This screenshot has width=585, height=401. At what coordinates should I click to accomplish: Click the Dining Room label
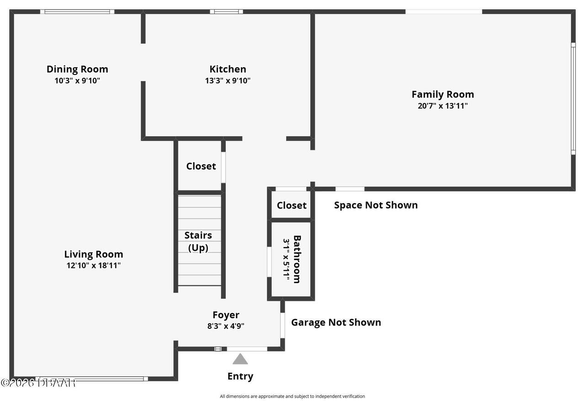(x=77, y=69)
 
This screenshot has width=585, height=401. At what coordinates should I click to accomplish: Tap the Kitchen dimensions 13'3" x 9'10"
(x=228, y=81)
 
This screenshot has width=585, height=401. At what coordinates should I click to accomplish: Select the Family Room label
(x=442, y=94)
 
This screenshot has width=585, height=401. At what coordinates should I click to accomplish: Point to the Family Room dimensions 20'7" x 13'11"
(x=442, y=106)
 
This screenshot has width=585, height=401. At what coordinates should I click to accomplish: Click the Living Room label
(x=93, y=254)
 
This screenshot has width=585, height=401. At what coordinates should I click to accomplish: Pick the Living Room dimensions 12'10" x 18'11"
(x=93, y=265)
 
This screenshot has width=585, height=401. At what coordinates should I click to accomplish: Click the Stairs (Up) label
(x=198, y=241)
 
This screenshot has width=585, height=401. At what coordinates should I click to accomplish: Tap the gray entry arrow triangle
(x=240, y=359)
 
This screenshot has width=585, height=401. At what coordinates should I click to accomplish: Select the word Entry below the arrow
(x=240, y=376)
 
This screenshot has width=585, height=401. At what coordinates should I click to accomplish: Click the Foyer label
(x=226, y=315)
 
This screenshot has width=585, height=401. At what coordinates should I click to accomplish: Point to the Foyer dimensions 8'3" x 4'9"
(x=226, y=326)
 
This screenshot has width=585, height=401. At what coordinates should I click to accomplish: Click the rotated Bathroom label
(x=297, y=259)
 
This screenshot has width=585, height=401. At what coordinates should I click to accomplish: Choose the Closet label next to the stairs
(x=201, y=166)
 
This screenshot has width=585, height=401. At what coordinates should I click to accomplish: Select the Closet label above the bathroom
(x=292, y=205)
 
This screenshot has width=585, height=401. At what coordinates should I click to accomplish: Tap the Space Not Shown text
(x=376, y=205)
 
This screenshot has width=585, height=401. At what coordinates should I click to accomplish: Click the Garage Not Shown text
(x=336, y=322)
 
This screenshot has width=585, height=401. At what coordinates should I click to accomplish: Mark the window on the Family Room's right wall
(x=573, y=98)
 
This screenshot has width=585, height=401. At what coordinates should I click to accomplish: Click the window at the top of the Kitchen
(x=226, y=11)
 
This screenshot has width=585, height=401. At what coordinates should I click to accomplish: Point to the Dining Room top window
(x=77, y=11)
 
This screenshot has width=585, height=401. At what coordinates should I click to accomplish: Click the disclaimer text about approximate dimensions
(x=292, y=396)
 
